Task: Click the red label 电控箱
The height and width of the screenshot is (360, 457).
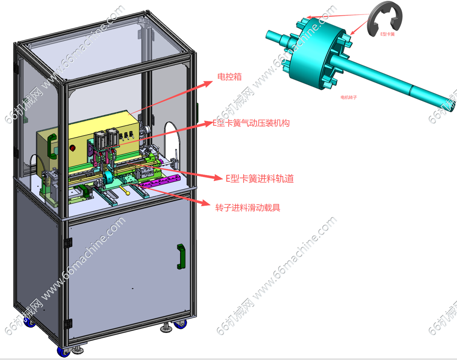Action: pyautogui.click(x=229, y=77)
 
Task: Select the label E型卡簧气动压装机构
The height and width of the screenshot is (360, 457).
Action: pyautogui.click(x=251, y=123)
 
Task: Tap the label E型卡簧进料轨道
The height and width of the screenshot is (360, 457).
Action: pyautogui.click(x=259, y=179)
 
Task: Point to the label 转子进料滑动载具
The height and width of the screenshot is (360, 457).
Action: pyautogui.click(x=248, y=207)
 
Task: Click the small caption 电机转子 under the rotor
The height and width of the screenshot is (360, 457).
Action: pyautogui.click(x=349, y=98)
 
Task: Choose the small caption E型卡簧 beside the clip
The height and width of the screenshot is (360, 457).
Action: pyautogui.click(x=387, y=34)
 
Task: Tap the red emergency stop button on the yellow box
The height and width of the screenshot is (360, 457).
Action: pyautogui.click(x=72, y=148)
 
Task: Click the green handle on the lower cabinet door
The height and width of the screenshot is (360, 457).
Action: pyautogui.click(x=181, y=257)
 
